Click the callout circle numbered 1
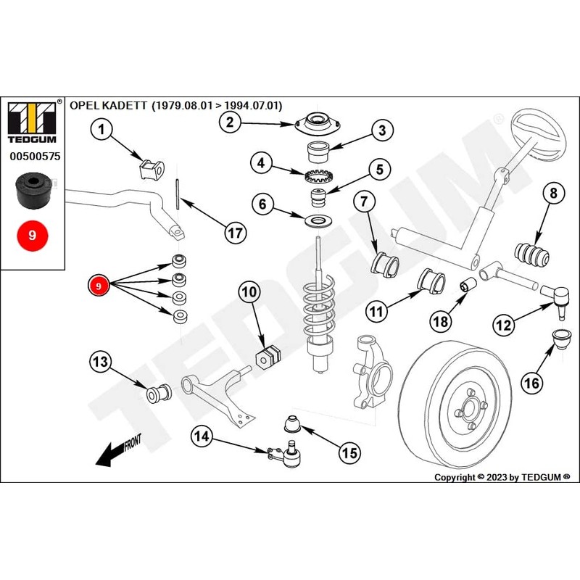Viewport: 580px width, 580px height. pos(102,130)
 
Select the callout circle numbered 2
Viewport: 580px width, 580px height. pos(231,122)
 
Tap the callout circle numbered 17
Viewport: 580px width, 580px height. pos(234,233)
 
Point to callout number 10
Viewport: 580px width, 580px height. pos(249,293)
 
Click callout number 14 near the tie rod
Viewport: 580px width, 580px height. pos(204,436)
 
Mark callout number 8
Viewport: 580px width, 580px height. pos(552,194)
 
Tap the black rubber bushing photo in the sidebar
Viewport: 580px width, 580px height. pos(31,190)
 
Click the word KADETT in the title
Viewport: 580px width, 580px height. pos(123,105)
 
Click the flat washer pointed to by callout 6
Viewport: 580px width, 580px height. pos(316,219)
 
